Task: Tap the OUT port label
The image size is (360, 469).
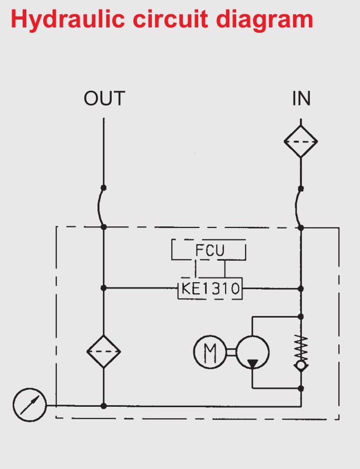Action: [104, 99]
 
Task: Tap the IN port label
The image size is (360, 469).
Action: [301, 99]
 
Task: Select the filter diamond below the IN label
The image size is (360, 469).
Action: [301, 141]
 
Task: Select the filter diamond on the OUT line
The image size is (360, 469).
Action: [104, 351]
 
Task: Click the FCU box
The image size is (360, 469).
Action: [209, 250]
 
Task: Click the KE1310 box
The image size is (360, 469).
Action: [210, 289]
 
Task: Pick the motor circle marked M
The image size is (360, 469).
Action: [210, 352]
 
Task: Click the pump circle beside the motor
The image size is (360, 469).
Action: [252, 352]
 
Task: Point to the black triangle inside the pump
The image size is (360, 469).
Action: [252, 363]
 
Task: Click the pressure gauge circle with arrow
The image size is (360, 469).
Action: [30, 405]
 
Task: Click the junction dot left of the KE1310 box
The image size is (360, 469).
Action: [104, 288]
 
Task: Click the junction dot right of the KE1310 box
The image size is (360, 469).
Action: [301, 289]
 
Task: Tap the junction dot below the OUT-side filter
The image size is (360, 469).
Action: [104, 406]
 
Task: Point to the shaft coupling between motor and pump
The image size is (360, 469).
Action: [231, 352]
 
